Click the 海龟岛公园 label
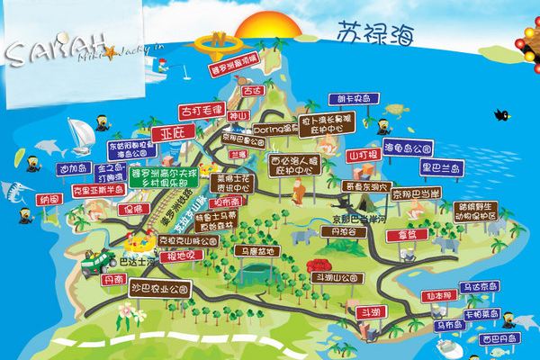tap(410, 146)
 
